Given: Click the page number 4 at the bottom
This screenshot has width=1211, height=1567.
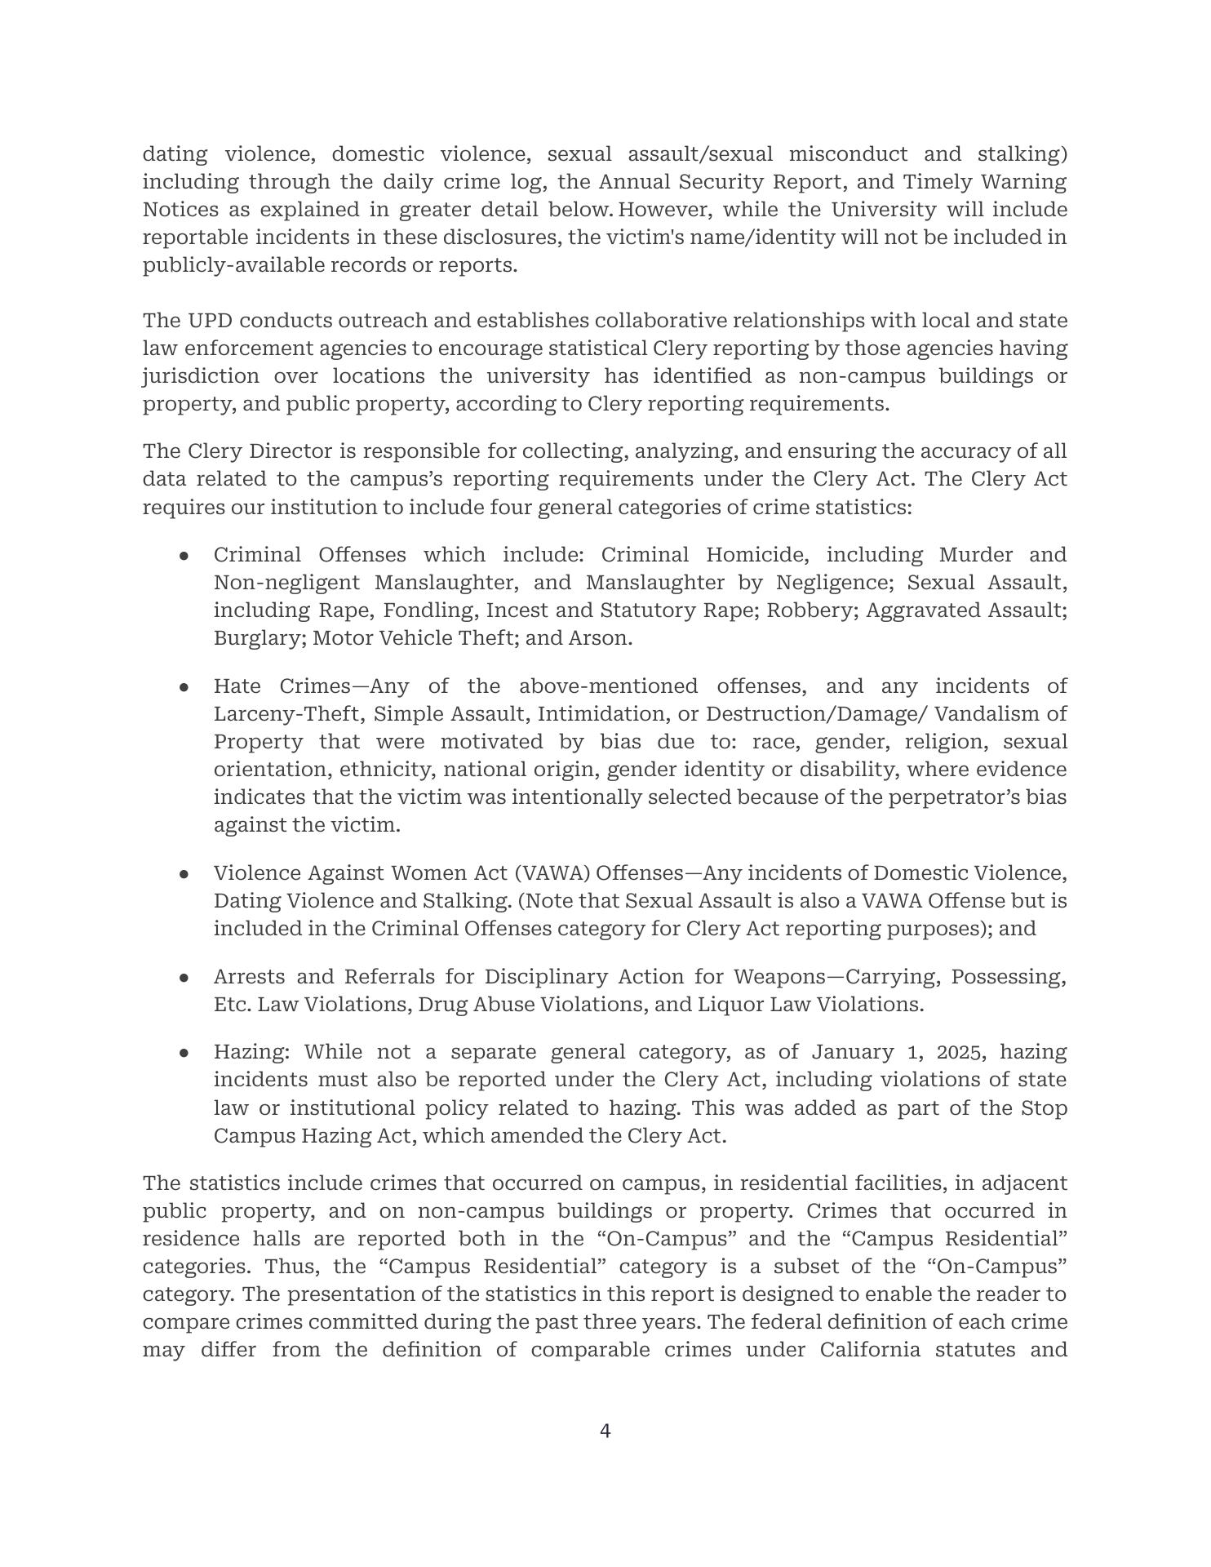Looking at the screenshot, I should click(605, 1431).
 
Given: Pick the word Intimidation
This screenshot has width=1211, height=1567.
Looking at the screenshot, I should click(601, 714).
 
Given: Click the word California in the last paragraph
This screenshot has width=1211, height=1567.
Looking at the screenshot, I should click(870, 1350).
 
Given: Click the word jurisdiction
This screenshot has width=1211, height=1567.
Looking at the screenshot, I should click(201, 376).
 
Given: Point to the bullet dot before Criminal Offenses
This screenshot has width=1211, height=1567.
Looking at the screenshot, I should click(184, 556).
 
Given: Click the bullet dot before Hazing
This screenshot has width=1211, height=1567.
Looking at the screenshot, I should click(184, 1053).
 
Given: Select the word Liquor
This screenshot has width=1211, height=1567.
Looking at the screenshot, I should click(729, 1005).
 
